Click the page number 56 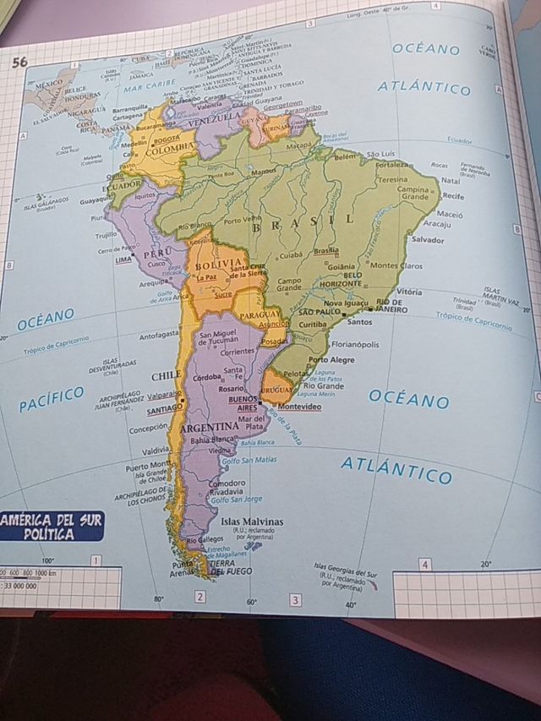[20, 61]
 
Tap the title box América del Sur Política [52, 525]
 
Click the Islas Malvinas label [252, 522]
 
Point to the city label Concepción [148, 429]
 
